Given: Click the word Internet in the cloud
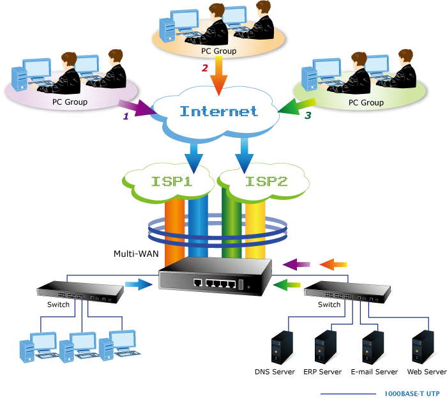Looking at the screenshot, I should (219, 111).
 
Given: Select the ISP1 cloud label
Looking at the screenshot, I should (173, 181).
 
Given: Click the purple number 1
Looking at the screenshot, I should (126, 116).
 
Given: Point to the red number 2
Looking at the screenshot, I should (205, 66).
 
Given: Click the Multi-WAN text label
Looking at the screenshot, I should (135, 254).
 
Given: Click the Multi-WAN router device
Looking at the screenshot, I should (216, 279).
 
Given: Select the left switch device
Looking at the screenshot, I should (80, 292).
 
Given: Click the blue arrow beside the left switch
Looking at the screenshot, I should (136, 284).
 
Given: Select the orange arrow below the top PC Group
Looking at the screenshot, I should (219, 73).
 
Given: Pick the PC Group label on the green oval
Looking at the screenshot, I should (366, 102).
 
